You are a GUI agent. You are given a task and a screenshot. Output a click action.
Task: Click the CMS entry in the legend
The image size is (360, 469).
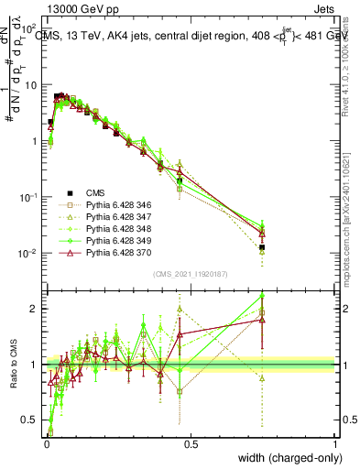(96, 192)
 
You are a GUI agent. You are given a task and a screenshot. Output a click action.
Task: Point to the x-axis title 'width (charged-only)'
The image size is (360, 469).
(285, 458)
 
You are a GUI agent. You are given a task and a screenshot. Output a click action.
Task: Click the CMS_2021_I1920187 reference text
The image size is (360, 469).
(190, 274)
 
